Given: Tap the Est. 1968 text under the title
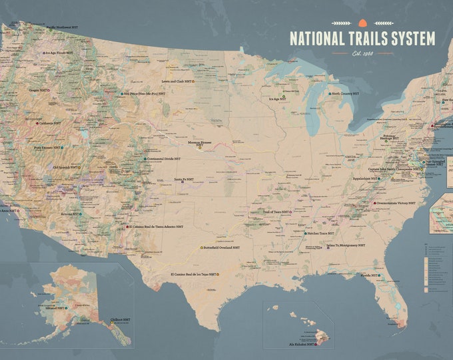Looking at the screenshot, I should [x=362, y=53].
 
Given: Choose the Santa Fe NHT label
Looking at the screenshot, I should [x=184, y=179].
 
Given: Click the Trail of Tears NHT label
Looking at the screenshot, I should [x=276, y=211].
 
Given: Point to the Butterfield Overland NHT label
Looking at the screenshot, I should [x=222, y=247].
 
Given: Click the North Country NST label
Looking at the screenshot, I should [x=348, y=94].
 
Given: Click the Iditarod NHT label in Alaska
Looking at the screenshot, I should [x=54, y=309].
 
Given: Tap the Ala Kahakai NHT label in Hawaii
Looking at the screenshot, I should [x=304, y=344].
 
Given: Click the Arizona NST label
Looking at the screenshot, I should [x=67, y=215].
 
